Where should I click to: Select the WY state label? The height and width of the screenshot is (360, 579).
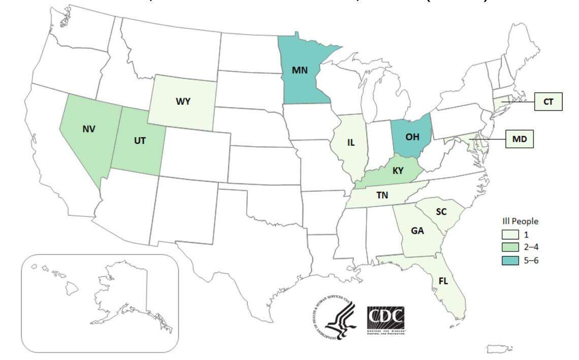[183, 102]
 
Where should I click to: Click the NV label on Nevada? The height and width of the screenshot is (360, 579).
[89, 129]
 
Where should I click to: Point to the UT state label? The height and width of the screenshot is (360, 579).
[140, 140]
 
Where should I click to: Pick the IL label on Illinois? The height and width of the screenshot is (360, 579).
[350, 143]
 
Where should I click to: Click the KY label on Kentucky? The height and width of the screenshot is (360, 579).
[398, 171]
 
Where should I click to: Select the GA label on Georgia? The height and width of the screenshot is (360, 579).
[417, 231]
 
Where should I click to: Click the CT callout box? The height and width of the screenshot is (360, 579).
[548, 102]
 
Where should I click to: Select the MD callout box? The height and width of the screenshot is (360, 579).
[519, 138]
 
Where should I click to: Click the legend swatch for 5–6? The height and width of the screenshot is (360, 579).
[510, 260]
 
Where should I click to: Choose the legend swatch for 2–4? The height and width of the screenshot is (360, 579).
[510, 248]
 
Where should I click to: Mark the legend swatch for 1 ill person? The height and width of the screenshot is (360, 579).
[510, 235]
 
